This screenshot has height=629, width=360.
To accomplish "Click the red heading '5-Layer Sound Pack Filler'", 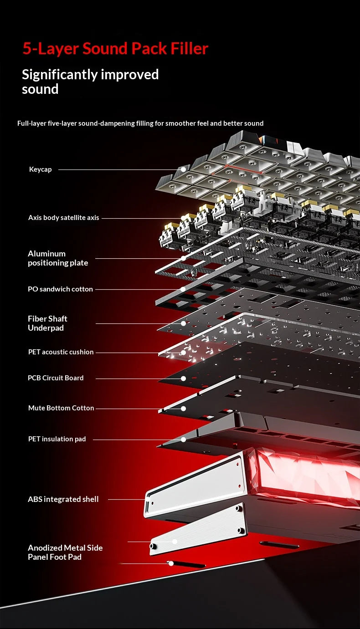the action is coord(115,49).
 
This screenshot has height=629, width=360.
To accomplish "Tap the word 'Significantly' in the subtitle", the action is coord(60,75).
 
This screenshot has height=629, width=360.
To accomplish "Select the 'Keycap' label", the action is coord(41,169).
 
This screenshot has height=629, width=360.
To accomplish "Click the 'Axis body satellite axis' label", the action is coord(63,218).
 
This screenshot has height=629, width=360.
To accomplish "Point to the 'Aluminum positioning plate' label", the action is coord(58,258).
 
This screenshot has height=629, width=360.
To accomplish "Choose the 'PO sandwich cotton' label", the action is coord(60,289).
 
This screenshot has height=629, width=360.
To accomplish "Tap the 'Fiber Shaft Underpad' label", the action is coord(47,323).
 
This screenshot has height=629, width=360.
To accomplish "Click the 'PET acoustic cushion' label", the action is coord(61,352).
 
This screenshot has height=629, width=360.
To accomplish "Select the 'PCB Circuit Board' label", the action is coord(56,378).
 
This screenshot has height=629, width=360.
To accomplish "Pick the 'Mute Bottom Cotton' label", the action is coord(61,408).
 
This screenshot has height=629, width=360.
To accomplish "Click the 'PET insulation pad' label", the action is coord(57,439).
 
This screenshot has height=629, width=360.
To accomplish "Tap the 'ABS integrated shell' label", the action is coord(63,499).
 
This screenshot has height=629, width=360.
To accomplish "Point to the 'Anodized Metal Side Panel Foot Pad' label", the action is coord(65,552).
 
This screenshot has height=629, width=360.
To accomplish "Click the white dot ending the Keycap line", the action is coord(183,169).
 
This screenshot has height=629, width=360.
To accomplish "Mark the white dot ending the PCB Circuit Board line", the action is coord(183,378).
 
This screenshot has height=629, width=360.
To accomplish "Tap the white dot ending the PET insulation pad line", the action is coord(183,440).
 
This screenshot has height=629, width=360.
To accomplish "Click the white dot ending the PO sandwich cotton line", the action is coord(183,289).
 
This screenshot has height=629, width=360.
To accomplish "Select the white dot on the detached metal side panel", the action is coord(175,542).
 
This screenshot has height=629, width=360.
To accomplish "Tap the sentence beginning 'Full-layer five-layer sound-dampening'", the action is coord(140,123).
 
